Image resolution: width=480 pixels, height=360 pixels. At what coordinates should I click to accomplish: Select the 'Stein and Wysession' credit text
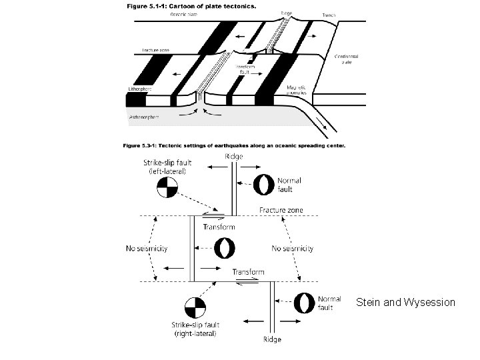click(x=405, y=302)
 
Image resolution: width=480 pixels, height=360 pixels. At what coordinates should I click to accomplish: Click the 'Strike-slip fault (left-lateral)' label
click(x=165, y=167)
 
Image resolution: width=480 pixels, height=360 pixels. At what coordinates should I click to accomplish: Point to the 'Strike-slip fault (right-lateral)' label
click(x=194, y=329)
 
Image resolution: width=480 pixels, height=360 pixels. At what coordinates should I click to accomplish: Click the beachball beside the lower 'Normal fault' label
click(x=305, y=303)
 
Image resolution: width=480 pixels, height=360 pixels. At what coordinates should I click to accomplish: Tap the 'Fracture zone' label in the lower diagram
click(x=281, y=210)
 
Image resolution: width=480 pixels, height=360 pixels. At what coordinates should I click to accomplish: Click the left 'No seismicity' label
click(x=147, y=249)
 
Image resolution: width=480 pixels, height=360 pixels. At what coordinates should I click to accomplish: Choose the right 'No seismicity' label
click(x=293, y=249)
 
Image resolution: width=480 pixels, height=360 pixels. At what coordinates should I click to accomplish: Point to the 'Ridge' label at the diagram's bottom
click(x=271, y=339)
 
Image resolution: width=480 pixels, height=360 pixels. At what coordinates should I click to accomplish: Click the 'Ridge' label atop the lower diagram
click(x=233, y=156)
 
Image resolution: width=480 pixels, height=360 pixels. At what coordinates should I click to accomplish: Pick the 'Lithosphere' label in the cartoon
click(x=141, y=88)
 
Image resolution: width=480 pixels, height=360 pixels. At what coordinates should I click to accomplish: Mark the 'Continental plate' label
click(x=348, y=60)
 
